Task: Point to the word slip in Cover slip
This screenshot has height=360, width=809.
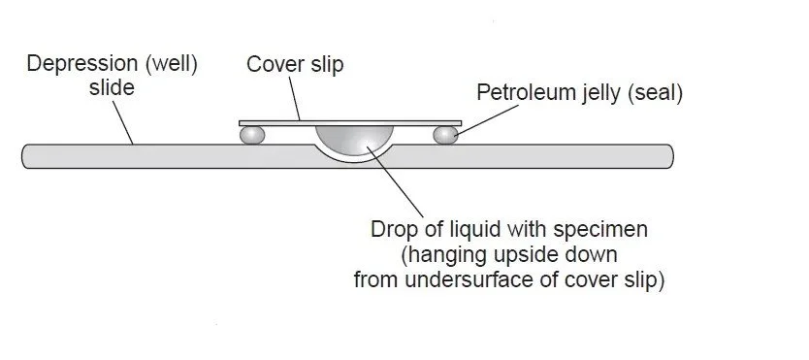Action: (x=325, y=65)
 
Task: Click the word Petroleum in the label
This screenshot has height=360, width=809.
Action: (x=520, y=94)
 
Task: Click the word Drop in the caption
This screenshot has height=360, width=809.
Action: (x=392, y=231)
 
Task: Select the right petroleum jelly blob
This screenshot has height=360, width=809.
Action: (x=445, y=135)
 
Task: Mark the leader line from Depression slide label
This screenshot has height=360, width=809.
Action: (x=121, y=121)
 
